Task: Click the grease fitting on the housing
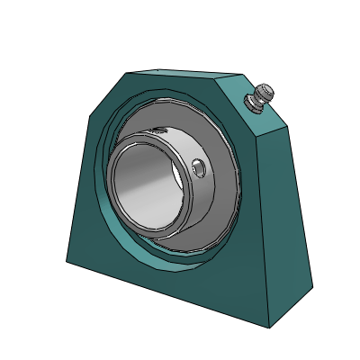tap(259, 97)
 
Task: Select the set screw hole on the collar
tap(200, 168)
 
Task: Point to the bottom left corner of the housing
tap(67, 262)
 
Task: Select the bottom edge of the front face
tap(171, 292)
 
